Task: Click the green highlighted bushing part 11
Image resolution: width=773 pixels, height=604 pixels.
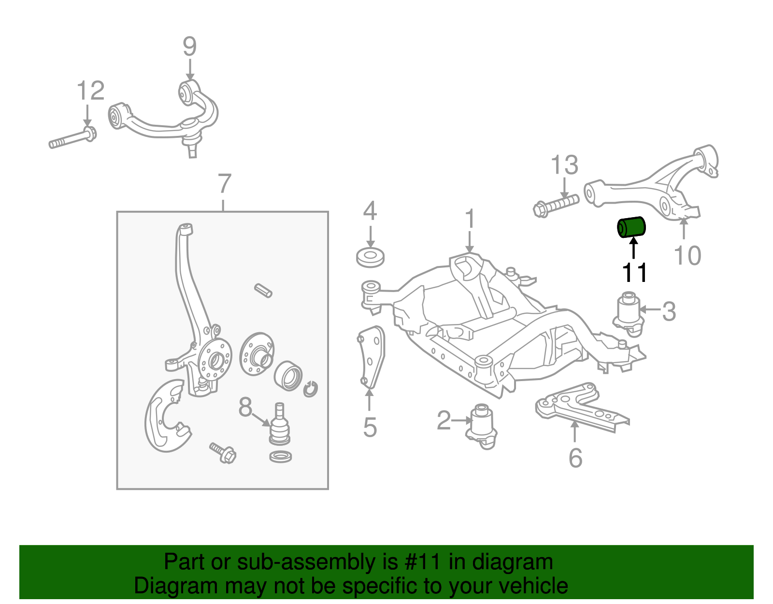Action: [632, 228]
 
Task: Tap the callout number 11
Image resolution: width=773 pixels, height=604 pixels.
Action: [634, 273]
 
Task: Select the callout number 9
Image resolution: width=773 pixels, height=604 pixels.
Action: [189, 47]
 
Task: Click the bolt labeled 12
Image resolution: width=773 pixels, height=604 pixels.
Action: [72, 138]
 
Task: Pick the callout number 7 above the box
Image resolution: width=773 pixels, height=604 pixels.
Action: [224, 184]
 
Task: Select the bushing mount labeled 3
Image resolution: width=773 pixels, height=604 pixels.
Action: [629, 312]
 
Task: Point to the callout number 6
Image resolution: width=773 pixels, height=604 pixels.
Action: [575, 457]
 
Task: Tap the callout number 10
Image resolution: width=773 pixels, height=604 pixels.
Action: [687, 255]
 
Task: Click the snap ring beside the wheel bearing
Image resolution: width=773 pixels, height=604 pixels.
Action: [310, 388]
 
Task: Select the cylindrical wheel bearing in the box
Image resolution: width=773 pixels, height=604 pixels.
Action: [288, 375]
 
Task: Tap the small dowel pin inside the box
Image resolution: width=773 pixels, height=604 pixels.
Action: [263, 290]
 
